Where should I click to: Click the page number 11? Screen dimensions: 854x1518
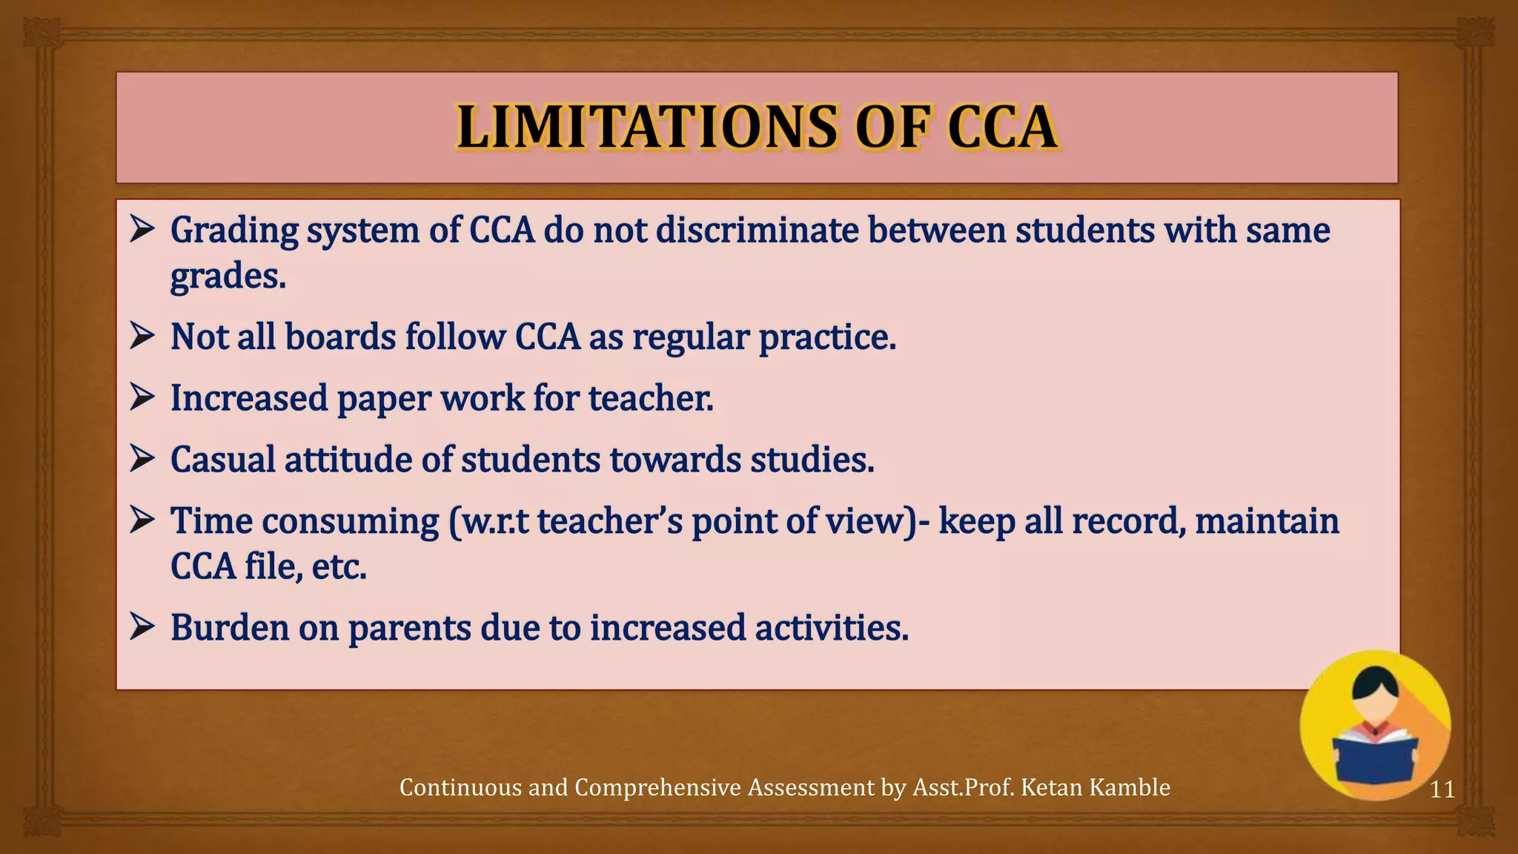pyautogui.click(x=1442, y=790)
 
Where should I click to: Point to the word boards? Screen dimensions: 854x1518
pyautogui.click(x=340, y=337)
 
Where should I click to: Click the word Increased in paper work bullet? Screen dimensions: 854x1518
pyautogui.click(x=249, y=398)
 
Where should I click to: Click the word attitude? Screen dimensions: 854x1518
pyautogui.click(x=348, y=460)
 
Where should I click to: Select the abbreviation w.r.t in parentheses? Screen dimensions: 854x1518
pyautogui.click(x=494, y=521)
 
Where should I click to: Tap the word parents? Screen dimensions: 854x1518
pyautogui.click(x=409, y=629)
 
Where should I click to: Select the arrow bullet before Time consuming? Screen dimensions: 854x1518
pyautogui.click(x=142, y=520)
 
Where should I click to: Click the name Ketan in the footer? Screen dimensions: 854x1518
pyautogui.click(x=1050, y=787)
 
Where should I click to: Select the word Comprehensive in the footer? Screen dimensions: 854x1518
pyautogui.click(x=658, y=787)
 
